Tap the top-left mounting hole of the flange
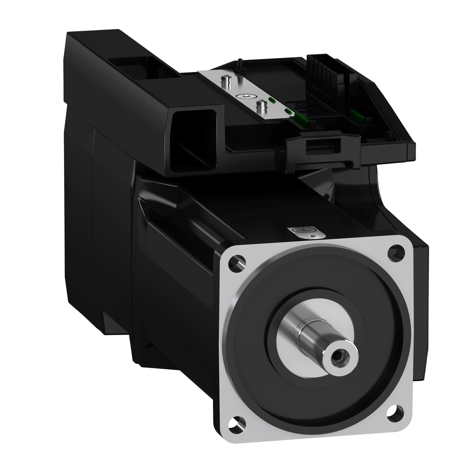click(237, 263)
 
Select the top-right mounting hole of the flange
click(395, 253)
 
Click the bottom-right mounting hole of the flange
click(395, 412)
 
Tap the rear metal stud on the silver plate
click(226, 83)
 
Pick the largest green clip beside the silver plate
click(301, 120)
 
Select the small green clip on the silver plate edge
click(272, 99)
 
